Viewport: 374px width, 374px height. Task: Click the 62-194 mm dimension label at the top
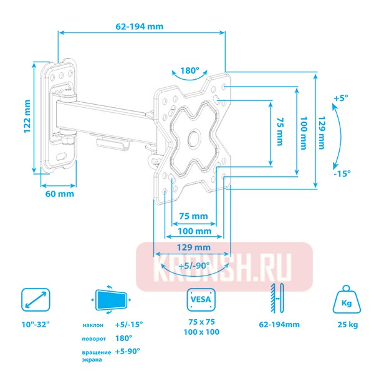click(x=140, y=26)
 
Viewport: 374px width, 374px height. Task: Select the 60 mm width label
click(x=60, y=194)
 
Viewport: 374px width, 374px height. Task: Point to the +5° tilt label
click(x=340, y=98)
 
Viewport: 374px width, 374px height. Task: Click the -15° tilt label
click(x=341, y=173)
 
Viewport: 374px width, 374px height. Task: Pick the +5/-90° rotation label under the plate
click(x=191, y=266)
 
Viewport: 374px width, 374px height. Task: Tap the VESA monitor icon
click(x=201, y=302)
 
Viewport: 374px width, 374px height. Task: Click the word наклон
click(x=93, y=325)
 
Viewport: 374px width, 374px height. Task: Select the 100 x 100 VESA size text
click(x=201, y=333)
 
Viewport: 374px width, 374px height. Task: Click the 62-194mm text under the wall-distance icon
click(x=277, y=324)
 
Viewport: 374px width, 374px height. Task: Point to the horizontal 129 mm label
click(x=192, y=247)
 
